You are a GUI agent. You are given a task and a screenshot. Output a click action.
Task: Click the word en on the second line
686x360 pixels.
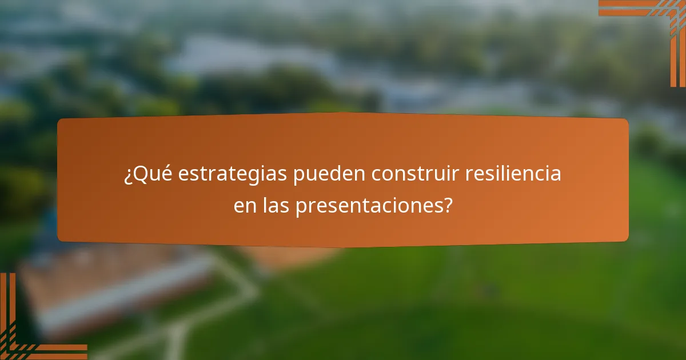pos(246,206)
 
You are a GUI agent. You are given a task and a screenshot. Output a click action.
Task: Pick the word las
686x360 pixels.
pos(277,206)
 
